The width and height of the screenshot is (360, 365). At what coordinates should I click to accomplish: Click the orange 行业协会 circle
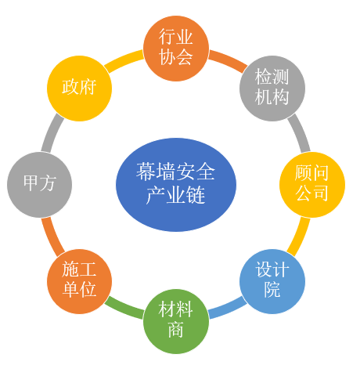(176, 49)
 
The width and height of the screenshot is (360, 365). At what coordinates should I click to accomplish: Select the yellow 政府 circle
(79, 89)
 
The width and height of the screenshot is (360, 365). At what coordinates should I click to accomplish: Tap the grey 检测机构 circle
(272, 89)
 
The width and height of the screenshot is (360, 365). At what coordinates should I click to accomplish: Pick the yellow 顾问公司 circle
(312, 185)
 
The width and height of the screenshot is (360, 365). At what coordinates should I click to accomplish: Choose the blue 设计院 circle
(272, 281)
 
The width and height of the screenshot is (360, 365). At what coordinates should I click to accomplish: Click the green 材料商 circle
(176, 321)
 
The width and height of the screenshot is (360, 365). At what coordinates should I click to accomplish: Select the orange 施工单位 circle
(79, 281)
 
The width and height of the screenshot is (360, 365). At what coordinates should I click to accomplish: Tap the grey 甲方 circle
(39, 185)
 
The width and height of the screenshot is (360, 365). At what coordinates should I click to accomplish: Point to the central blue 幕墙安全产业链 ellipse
(176, 185)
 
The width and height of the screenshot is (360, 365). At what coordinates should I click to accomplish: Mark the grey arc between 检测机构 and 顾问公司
(300, 132)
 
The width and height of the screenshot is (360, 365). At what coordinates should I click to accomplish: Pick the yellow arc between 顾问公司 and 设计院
(300, 237)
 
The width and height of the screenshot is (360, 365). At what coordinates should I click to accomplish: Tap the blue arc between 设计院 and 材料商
(229, 309)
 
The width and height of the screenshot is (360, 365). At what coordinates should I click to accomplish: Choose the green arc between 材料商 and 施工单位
(123, 309)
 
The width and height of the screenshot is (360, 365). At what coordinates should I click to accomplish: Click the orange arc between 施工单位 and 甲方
(52, 237)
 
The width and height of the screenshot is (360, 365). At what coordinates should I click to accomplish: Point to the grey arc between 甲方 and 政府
(52, 132)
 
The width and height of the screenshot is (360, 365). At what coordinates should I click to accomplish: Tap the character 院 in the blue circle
(272, 290)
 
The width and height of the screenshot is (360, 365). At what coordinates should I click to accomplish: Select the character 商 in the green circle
(176, 330)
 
